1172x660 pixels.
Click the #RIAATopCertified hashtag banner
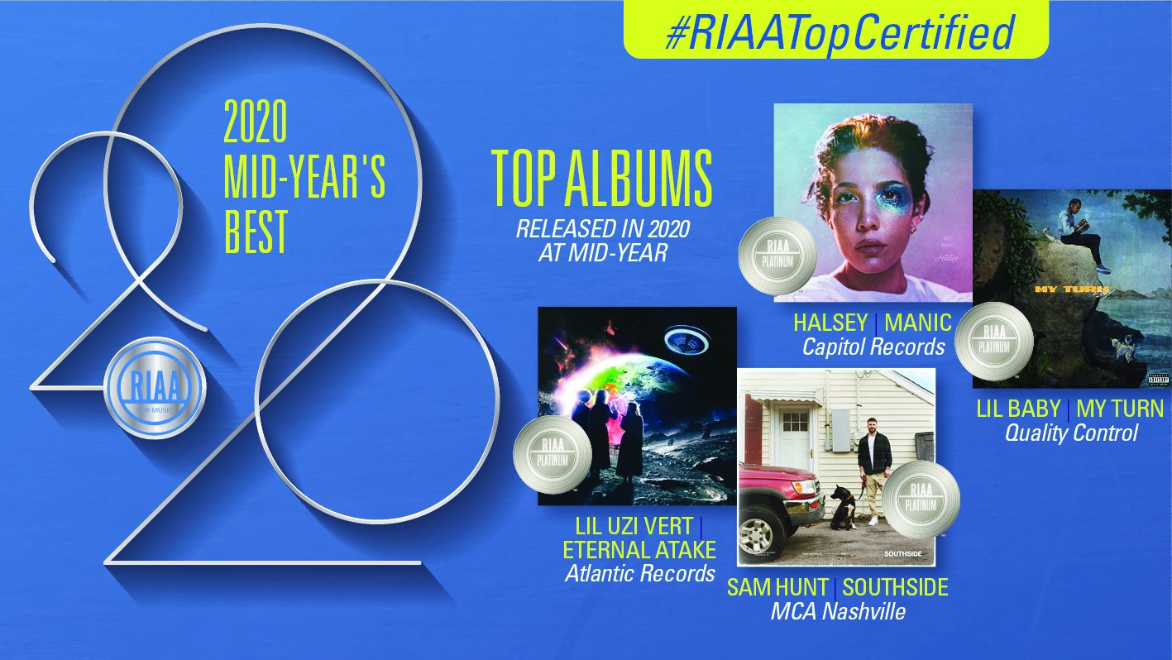[x=835, y=31]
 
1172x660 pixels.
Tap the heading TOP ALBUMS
[x=602, y=179]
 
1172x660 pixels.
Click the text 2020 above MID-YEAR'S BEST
[x=256, y=123]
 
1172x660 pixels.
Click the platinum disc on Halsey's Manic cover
[x=770, y=253]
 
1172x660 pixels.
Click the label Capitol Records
[x=873, y=347]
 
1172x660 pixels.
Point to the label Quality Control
[x=1071, y=433]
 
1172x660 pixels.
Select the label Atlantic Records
[x=640, y=573]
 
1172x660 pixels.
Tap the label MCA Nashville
[x=837, y=612]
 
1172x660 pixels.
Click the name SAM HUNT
[x=777, y=587]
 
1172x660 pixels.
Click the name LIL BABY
[x=1018, y=409]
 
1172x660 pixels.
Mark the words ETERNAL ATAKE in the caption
[x=639, y=549]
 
